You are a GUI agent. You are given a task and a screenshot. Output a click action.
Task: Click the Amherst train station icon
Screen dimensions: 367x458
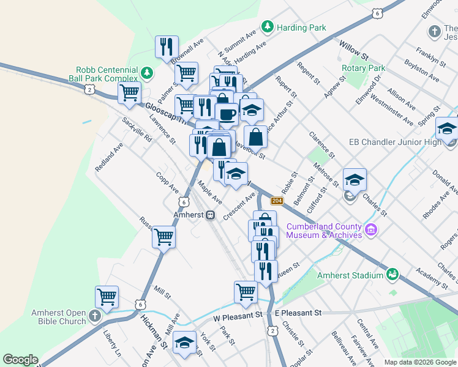pos(210,215)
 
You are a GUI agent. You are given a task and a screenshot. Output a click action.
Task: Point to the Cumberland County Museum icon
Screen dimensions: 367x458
pos(370,231)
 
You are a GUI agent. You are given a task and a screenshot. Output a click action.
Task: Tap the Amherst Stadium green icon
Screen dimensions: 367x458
pos(392,275)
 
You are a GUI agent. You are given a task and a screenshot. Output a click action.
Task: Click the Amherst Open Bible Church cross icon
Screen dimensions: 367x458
pos(94,316)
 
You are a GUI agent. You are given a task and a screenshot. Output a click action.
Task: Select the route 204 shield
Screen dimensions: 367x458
pos(277,201)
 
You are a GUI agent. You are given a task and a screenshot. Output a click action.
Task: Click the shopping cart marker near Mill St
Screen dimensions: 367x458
pos(164,236)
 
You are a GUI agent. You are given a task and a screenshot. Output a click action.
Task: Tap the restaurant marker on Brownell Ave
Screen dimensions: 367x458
pos(167,46)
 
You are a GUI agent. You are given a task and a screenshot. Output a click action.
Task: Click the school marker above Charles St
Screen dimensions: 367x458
pos(354,179)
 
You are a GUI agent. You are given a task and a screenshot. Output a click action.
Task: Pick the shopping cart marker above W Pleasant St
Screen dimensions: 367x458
pos(246,291)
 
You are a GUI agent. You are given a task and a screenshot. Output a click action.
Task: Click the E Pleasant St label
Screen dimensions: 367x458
pos(298,313)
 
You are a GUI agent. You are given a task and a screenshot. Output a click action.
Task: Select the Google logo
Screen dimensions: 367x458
pos(20,360)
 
